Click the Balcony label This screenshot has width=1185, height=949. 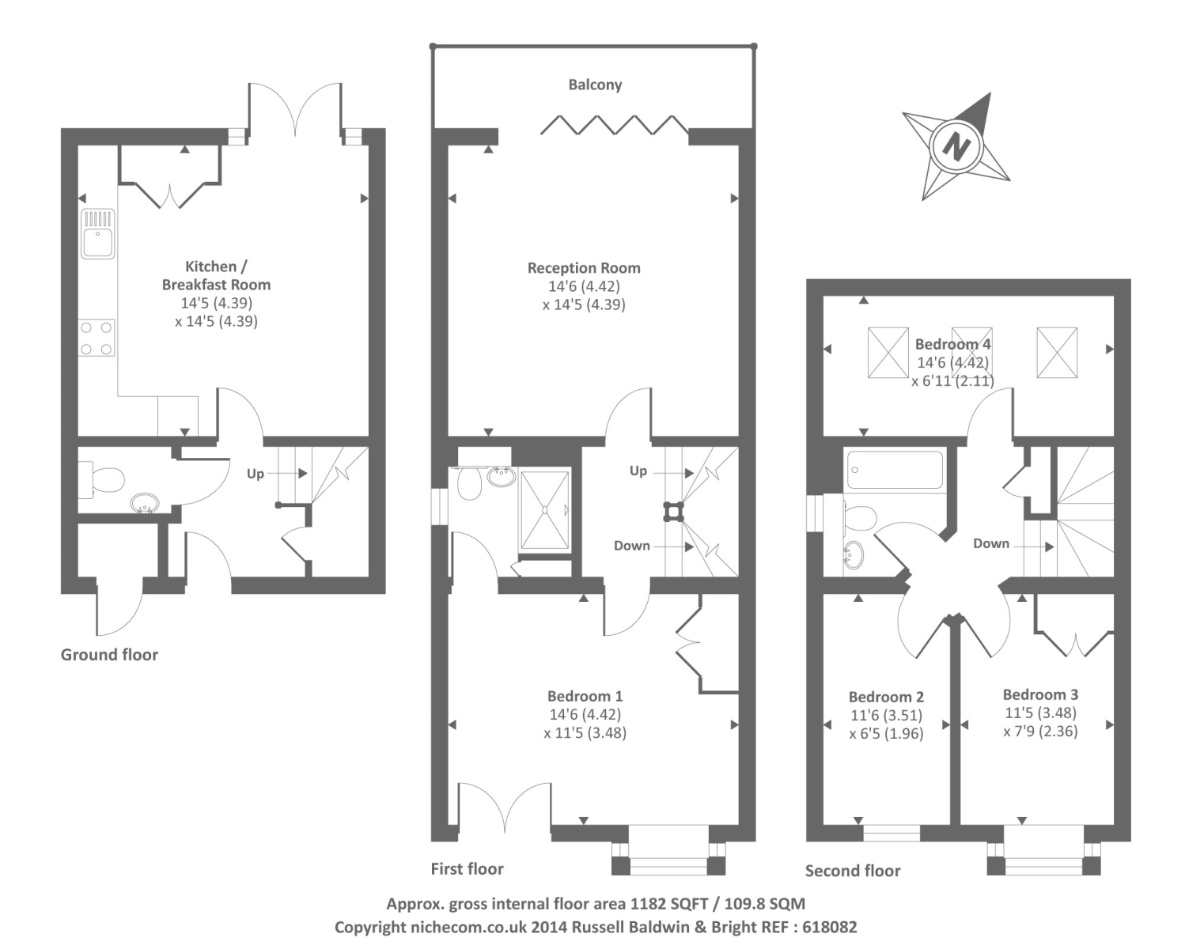pos(595,85)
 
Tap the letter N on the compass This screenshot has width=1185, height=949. pos(956,147)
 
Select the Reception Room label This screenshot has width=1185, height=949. pos(584,268)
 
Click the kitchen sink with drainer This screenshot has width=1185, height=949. pos(97,233)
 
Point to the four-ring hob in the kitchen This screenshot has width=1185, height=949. pos(97,338)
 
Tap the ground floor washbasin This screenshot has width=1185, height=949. pos(145,502)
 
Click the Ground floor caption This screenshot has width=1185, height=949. pos(109,655)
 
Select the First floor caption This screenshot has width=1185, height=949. pos(467,868)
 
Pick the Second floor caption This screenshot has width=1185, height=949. pos(853,870)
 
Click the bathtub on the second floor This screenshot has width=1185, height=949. pos(894,470)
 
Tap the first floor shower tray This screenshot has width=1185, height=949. pos(544,510)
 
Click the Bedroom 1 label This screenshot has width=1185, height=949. pos(585,696)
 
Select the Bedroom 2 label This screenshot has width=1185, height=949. pos(886,697)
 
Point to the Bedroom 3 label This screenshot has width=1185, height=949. pos(1040,694)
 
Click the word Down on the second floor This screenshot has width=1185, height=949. pos(991,543)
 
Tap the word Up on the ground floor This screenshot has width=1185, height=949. pos(255,474)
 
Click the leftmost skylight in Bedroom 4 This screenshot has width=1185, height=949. pos(888,352)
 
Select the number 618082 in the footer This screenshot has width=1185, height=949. pos(829,927)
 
